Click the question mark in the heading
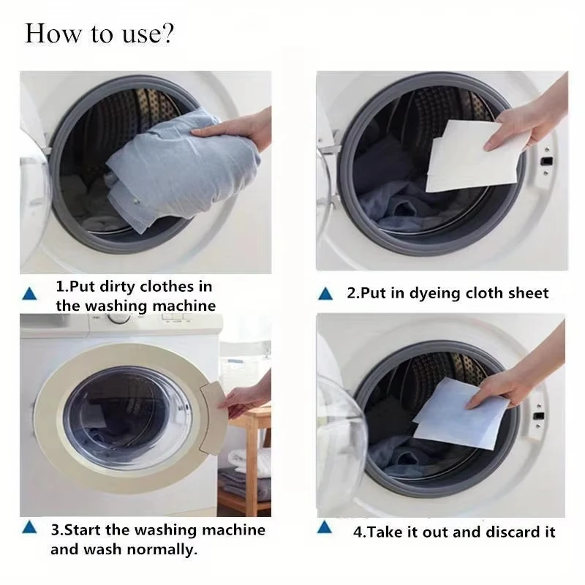coord(167,35)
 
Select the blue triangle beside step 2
coord(326,294)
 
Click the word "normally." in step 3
coord(161,549)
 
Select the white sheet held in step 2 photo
coord(468,157)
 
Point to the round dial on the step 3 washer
coord(118,317)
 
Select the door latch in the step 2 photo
coord(545,159)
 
